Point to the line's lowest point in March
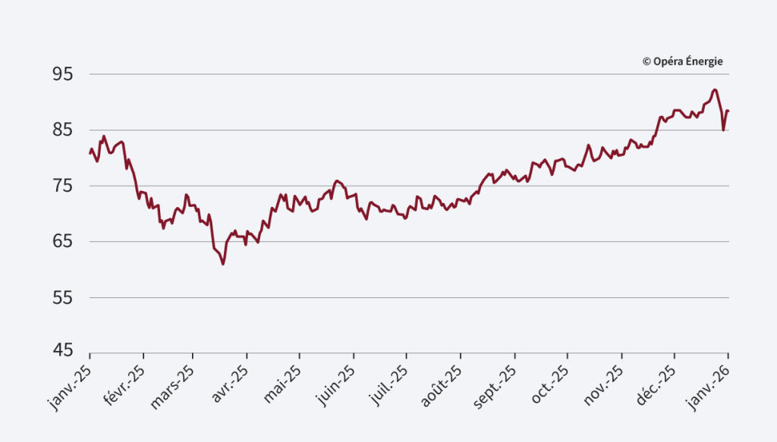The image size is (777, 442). coord(223,264)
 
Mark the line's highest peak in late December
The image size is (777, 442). coord(715,90)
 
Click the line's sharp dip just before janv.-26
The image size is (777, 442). coord(723,130)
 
